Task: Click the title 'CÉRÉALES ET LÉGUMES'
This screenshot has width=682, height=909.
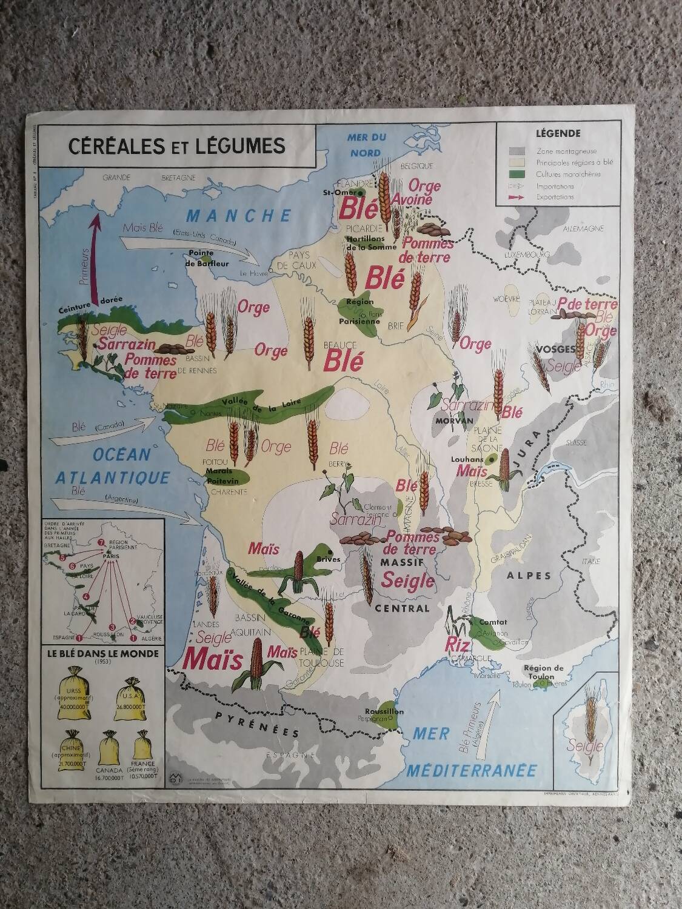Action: click(x=176, y=146)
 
